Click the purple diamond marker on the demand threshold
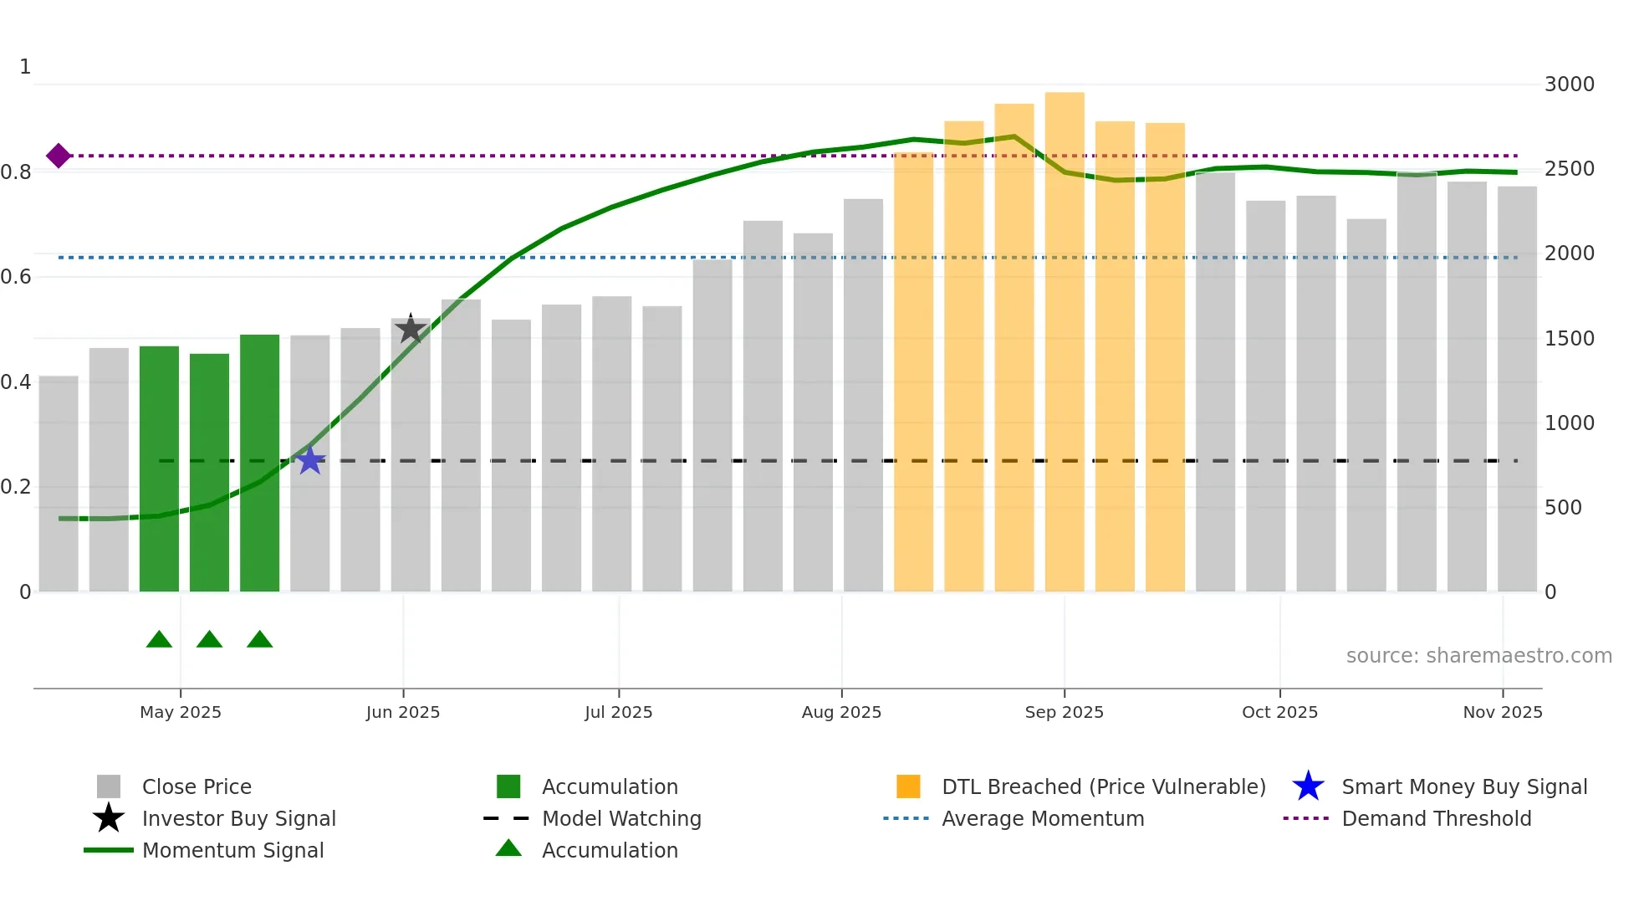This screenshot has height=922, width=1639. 58,156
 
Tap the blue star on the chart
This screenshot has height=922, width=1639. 310,460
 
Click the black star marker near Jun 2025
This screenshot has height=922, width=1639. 411,329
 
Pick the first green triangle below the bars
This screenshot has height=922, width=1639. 159,640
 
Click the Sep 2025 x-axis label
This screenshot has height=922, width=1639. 1064,712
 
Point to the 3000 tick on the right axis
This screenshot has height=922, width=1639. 1569,85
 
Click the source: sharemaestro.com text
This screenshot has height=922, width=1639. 1478,656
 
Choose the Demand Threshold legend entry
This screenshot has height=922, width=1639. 1436,819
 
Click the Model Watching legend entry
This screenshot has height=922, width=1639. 620,819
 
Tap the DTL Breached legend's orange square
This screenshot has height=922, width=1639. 908,787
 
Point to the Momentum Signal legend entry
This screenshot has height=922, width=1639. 232,851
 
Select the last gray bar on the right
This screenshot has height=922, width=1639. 1517,389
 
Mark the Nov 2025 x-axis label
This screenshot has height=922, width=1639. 1502,712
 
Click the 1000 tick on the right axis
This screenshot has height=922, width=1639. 1569,423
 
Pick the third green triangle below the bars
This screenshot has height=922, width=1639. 260,640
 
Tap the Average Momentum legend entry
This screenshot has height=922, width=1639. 1042,819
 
